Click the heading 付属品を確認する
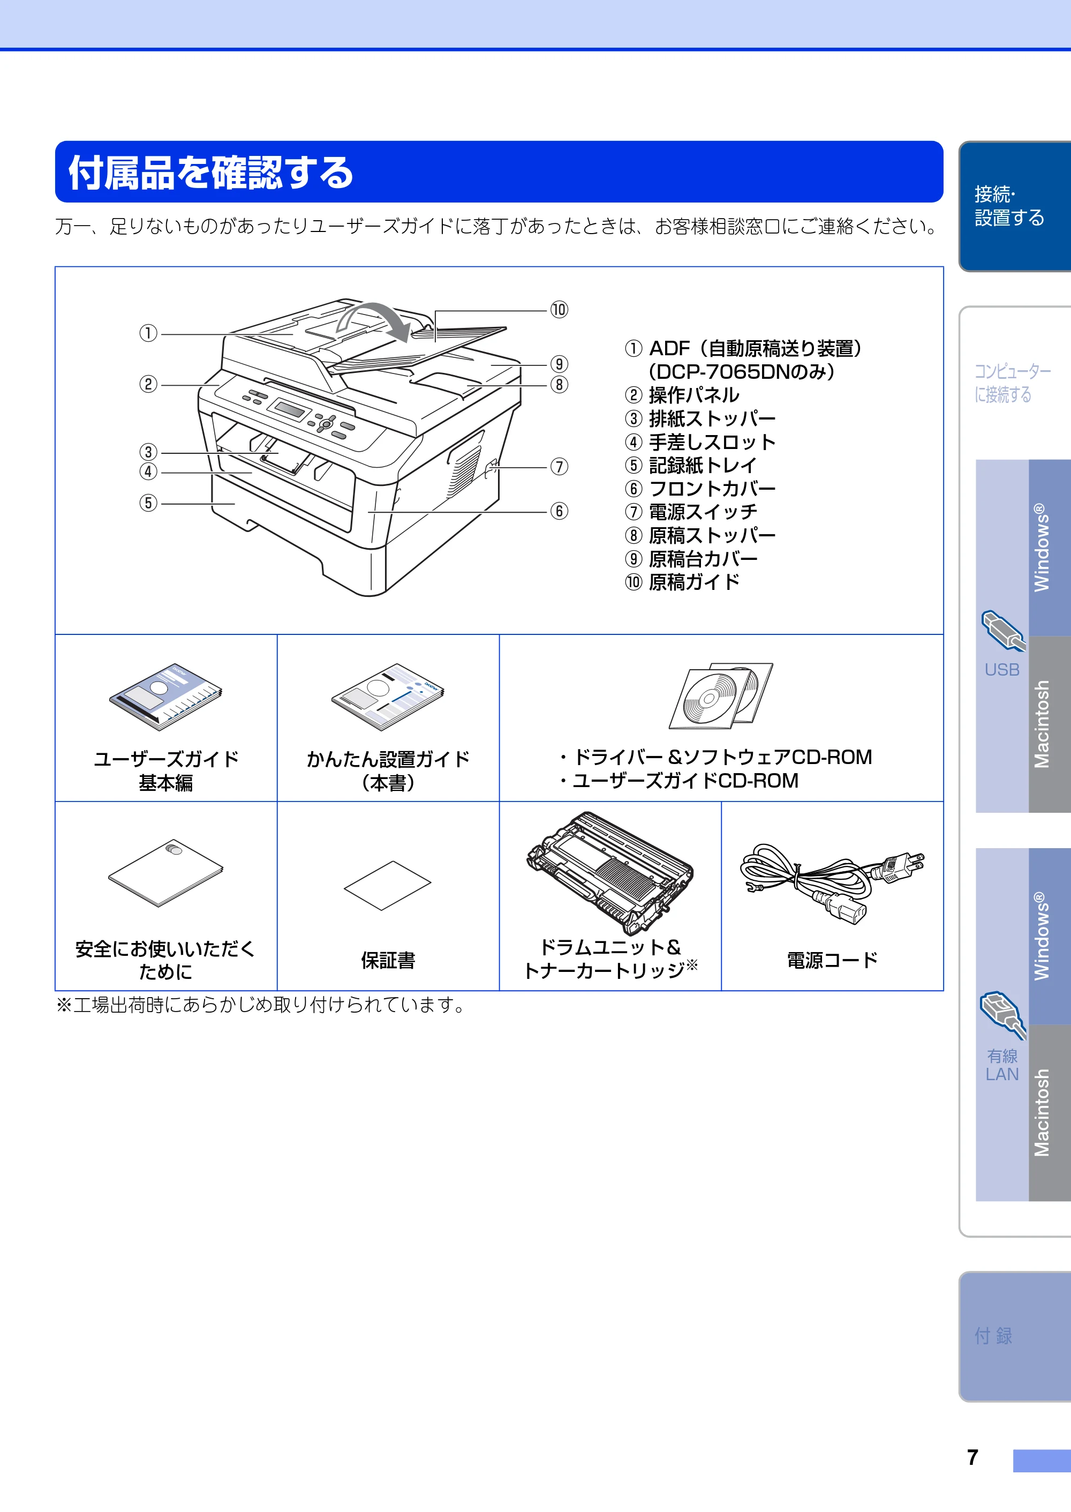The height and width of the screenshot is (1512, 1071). pyautogui.click(x=211, y=173)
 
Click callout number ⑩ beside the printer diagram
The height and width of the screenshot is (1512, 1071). pyautogui.click(x=559, y=310)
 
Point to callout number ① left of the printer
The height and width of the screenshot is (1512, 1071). pyautogui.click(x=148, y=334)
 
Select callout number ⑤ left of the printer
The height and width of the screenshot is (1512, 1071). pyautogui.click(x=148, y=503)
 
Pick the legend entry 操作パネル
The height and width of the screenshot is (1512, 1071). pyautogui.click(x=694, y=395)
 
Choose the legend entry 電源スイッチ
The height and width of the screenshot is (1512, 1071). pyautogui.click(x=703, y=512)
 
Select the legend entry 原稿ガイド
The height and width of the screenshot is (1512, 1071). pyautogui.click(x=694, y=582)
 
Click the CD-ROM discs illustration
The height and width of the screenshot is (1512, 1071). pyautogui.click(x=721, y=695)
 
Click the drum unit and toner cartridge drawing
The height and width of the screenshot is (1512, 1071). pyautogui.click(x=609, y=872)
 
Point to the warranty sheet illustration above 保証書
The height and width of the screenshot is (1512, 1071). pyautogui.click(x=388, y=885)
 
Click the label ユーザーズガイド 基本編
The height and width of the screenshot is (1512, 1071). pyautogui.click(x=166, y=770)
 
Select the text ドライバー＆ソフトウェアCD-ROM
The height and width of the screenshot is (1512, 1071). pyautogui.click(x=723, y=757)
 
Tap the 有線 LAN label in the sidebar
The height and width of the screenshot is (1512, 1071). pyautogui.click(x=1002, y=1065)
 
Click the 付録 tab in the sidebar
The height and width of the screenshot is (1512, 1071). pyautogui.click(x=993, y=1336)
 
